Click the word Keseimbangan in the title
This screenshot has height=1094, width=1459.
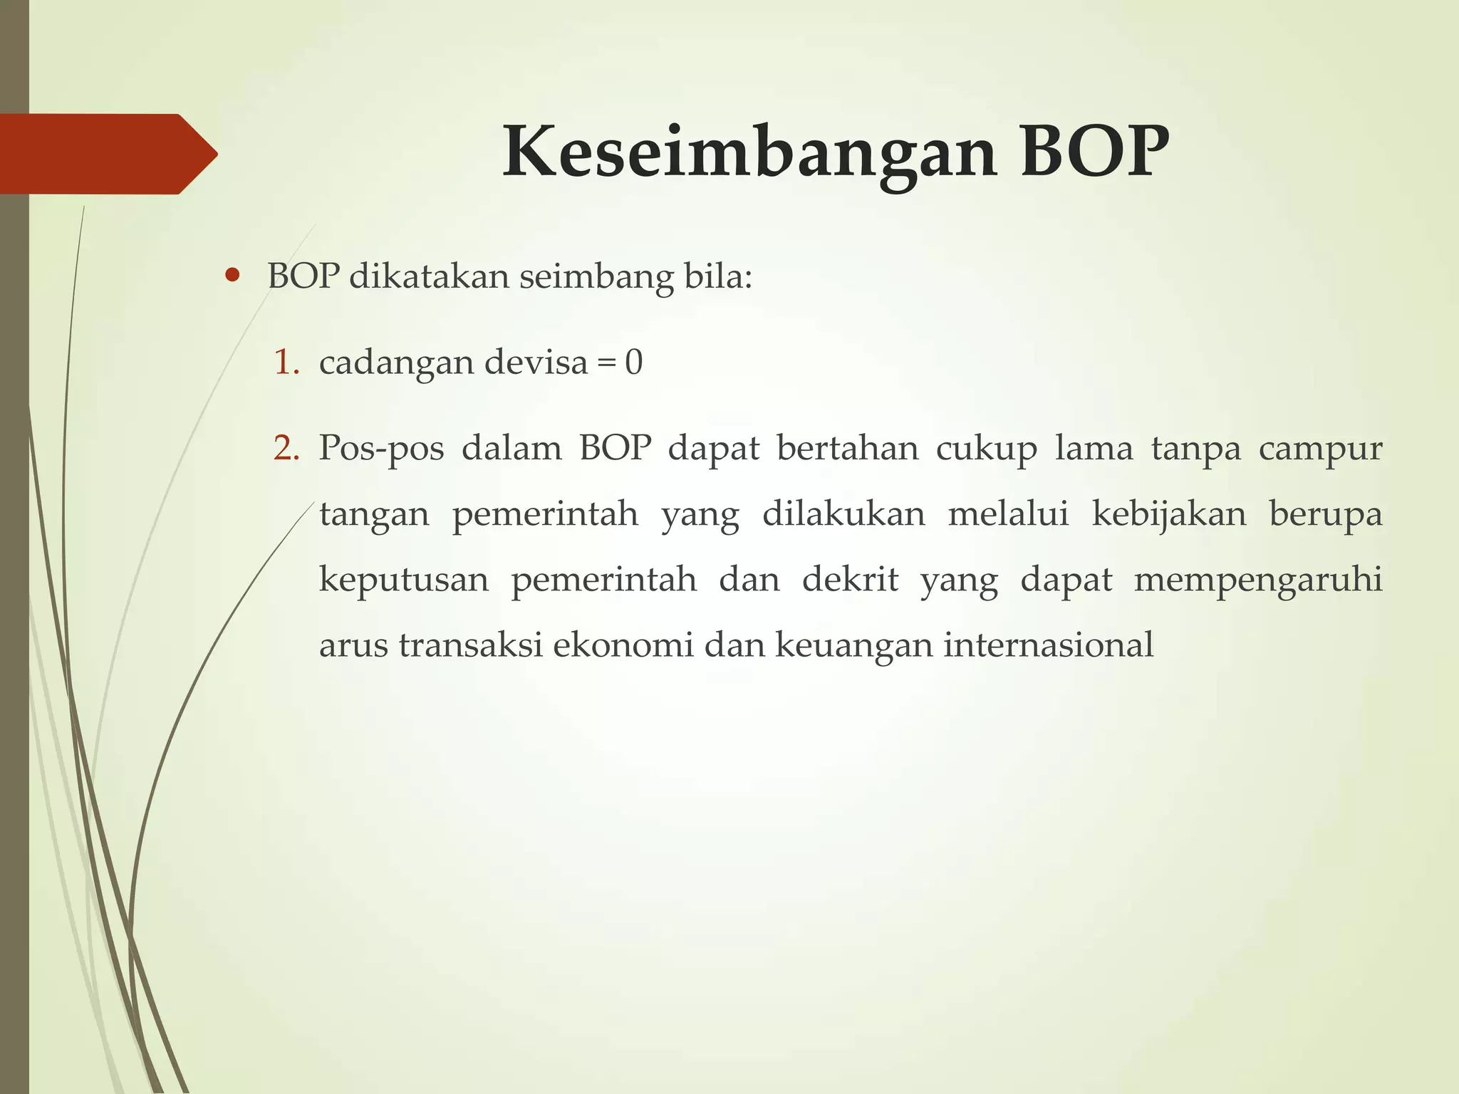click(748, 153)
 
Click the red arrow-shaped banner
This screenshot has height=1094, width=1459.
click(107, 154)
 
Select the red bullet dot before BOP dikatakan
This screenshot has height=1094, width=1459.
click(232, 276)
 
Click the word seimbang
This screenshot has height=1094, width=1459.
click(596, 276)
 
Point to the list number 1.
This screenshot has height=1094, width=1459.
click(286, 363)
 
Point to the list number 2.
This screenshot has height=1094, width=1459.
click(286, 449)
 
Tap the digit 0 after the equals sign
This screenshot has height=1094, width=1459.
click(633, 363)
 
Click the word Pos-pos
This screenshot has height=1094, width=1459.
click(381, 449)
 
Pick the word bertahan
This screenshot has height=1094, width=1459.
click(847, 449)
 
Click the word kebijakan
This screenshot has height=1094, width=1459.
click(1169, 514)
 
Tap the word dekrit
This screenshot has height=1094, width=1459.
click(849, 579)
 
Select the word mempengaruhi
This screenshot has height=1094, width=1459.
click(1257, 580)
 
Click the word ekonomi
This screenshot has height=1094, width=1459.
click(623, 645)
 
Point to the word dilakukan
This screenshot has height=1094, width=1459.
click(843, 514)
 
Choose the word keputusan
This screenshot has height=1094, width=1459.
click(404, 580)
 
